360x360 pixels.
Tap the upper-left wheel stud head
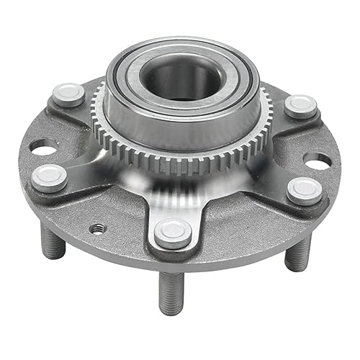coord(69,94)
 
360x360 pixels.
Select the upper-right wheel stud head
coord(300,106)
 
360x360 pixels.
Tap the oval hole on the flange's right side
coord(318,160)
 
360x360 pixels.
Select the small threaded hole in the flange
coord(94,228)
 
